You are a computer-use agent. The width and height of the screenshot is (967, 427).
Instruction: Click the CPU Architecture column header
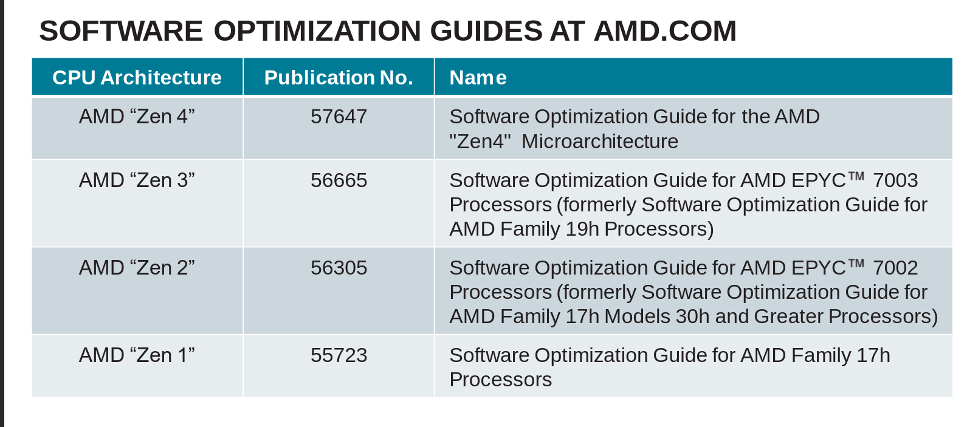pos(137,78)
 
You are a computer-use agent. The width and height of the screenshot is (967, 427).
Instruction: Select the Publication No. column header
pos(339,78)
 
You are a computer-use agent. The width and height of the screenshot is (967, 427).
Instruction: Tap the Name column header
pos(478,78)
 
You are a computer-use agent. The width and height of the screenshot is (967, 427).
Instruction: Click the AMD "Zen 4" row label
pos(137,117)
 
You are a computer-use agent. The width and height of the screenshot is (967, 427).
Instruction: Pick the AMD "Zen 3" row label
pos(137,180)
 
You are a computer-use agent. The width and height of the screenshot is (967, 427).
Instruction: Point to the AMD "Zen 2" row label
pos(137,268)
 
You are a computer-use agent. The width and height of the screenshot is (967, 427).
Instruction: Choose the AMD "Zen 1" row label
pos(137,355)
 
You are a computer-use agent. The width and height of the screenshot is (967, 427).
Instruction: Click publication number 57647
pos(339,117)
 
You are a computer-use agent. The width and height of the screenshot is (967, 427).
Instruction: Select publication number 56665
pos(339,180)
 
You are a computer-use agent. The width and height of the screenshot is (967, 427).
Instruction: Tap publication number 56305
pos(339,268)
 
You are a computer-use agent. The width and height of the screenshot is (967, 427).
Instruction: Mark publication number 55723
pos(339,355)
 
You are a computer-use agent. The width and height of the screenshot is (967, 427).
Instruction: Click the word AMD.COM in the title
pos(666,31)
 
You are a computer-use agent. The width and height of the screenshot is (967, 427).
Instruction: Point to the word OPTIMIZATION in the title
pos(317,31)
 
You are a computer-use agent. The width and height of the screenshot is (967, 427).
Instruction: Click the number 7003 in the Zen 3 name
pos(895,180)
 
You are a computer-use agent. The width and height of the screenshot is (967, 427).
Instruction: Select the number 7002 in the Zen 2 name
pos(895,268)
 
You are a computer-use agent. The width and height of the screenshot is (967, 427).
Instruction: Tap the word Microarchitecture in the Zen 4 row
pos(600,142)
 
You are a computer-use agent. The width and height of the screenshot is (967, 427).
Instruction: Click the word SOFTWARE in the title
pos(122,31)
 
